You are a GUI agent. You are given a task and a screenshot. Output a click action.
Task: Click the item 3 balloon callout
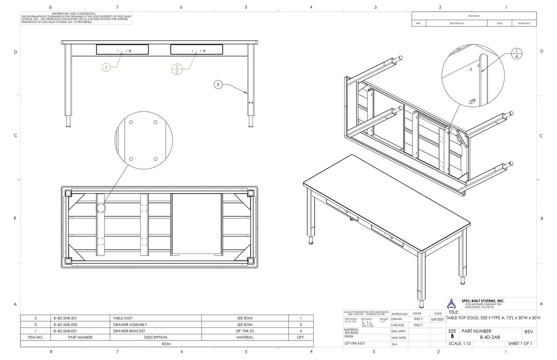(x=218, y=84)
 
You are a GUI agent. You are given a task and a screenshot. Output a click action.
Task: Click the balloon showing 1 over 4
(x=516, y=53)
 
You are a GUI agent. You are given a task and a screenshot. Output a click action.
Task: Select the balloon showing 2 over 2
(x=177, y=69)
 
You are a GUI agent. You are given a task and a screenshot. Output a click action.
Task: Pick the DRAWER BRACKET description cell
(x=123, y=331)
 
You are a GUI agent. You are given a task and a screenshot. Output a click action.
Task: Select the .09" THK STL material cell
(x=245, y=331)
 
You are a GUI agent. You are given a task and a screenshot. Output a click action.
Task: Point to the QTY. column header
(x=301, y=337)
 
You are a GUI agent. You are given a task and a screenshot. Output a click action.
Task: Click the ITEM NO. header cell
(x=35, y=337)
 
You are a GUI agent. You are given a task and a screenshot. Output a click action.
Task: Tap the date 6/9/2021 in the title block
(x=438, y=319)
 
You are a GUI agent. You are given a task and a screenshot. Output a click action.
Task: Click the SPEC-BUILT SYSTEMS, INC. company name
(x=483, y=300)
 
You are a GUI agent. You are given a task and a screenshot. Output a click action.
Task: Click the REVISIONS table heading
(x=474, y=16)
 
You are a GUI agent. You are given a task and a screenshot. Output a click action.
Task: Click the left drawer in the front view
(x=122, y=50)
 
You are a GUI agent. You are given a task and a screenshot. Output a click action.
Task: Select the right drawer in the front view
(x=196, y=50)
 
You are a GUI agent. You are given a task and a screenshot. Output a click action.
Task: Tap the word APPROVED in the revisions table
(x=524, y=23)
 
